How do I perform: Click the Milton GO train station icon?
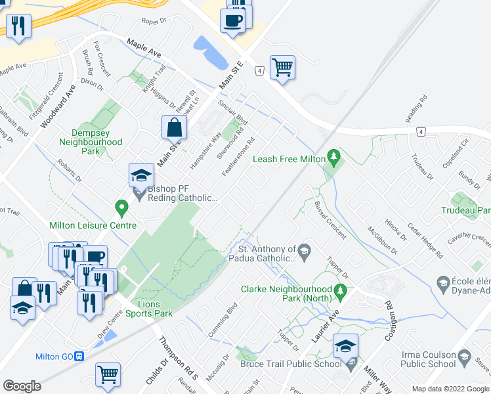[80, 357]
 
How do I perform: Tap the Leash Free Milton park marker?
[335, 157]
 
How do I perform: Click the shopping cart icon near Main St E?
[282, 67]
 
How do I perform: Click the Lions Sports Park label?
[145, 309]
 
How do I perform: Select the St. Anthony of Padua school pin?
[305, 250]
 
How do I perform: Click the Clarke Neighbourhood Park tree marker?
[340, 290]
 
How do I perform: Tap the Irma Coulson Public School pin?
[465, 357]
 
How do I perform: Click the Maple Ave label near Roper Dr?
[144, 47]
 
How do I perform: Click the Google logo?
[22, 385]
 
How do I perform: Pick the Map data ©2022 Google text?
[450, 389]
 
